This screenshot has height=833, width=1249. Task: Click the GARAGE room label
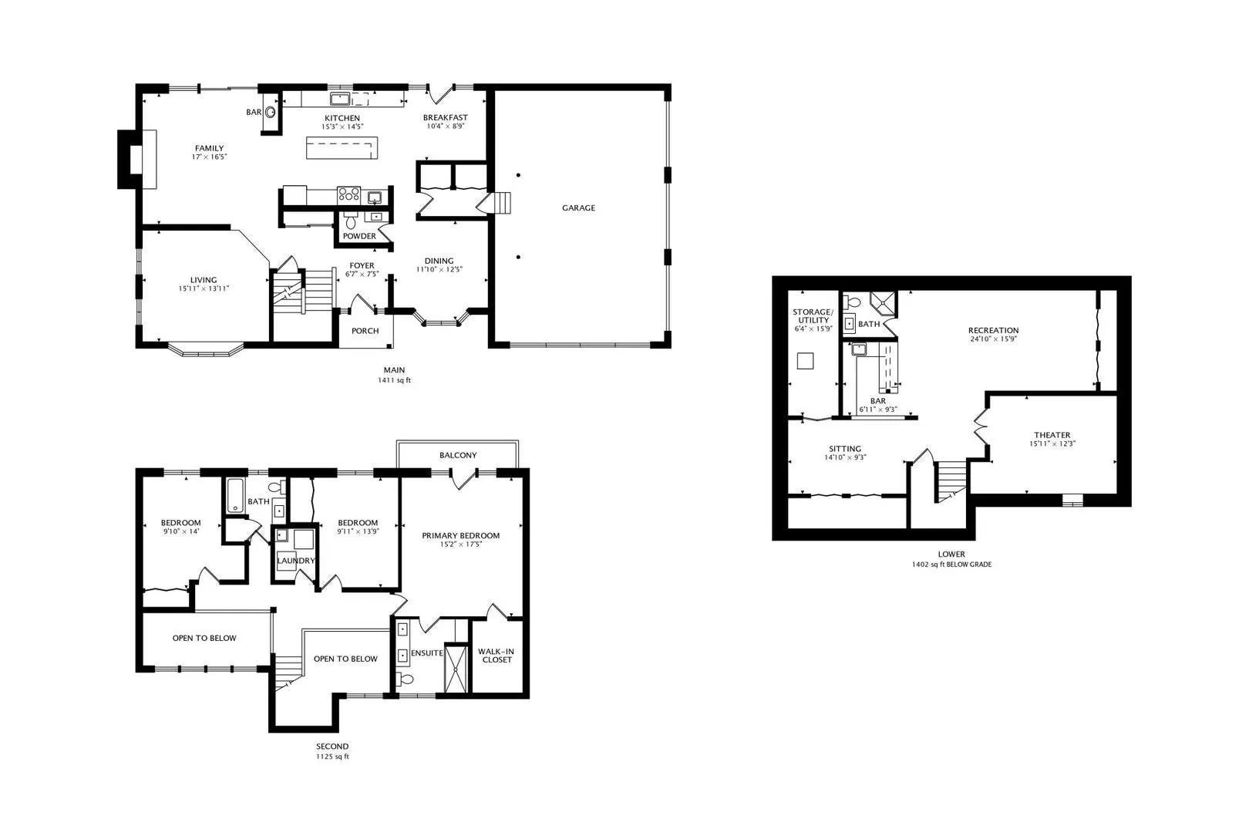pos(578,207)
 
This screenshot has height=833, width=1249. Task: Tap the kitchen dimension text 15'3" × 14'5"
pos(342,126)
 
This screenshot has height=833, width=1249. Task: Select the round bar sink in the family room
pos(271,112)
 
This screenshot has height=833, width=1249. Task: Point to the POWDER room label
pos(359,236)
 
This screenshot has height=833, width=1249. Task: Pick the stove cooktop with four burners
pos(348,195)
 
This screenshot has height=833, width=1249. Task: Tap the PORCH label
pos(365,331)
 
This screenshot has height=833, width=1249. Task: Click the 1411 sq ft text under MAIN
pos(394,380)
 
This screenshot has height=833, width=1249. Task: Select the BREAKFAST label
pos(445,117)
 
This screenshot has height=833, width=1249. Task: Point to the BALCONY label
pos(458,455)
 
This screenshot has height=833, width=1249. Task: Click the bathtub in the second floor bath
pos(235,495)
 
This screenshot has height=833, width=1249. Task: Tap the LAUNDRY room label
pos(296,561)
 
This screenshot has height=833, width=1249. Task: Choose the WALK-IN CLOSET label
pos(497,656)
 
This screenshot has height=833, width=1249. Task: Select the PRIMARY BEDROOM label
pos(460,535)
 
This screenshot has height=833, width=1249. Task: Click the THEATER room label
pos(1052,435)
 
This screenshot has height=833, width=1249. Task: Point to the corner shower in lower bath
pos(883,304)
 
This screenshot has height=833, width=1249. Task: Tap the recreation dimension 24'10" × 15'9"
pos(993,339)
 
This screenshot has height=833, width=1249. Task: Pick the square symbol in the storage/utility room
pos(805,361)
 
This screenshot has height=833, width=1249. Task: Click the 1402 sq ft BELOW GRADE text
pos(951,565)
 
